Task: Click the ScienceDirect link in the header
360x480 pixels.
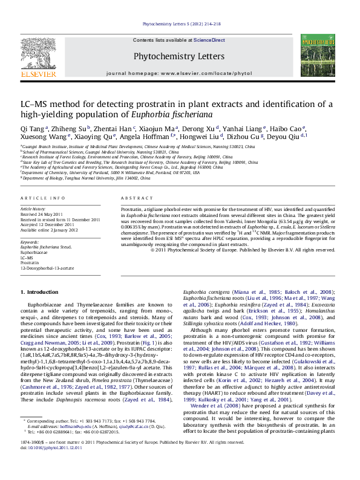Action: click(209, 40)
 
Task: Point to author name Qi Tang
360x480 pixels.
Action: click(31, 128)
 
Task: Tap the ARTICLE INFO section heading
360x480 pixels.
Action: click(42, 198)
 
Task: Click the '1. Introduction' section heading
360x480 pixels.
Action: click(40, 292)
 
